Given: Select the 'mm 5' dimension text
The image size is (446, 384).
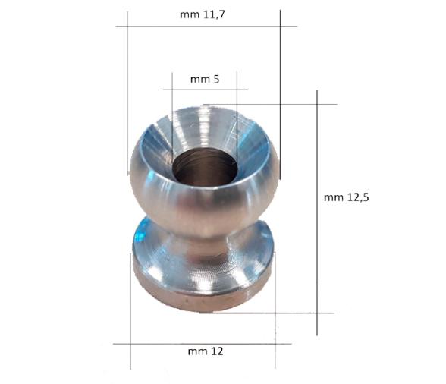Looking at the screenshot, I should click(x=205, y=79).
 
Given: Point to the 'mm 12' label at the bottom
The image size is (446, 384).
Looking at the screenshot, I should click(x=206, y=352).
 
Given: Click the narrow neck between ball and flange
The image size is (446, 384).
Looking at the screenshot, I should click(x=203, y=241).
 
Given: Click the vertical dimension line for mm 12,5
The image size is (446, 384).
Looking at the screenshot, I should click(x=316, y=228).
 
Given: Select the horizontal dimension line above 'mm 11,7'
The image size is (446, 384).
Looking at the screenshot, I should click(x=206, y=27).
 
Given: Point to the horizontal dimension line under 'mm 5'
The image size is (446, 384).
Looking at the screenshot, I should click(x=205, y=90).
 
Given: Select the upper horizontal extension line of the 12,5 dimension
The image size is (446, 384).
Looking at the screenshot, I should click(x=288, y=105).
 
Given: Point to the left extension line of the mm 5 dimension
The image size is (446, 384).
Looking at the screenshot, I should click(x=172, y=114).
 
